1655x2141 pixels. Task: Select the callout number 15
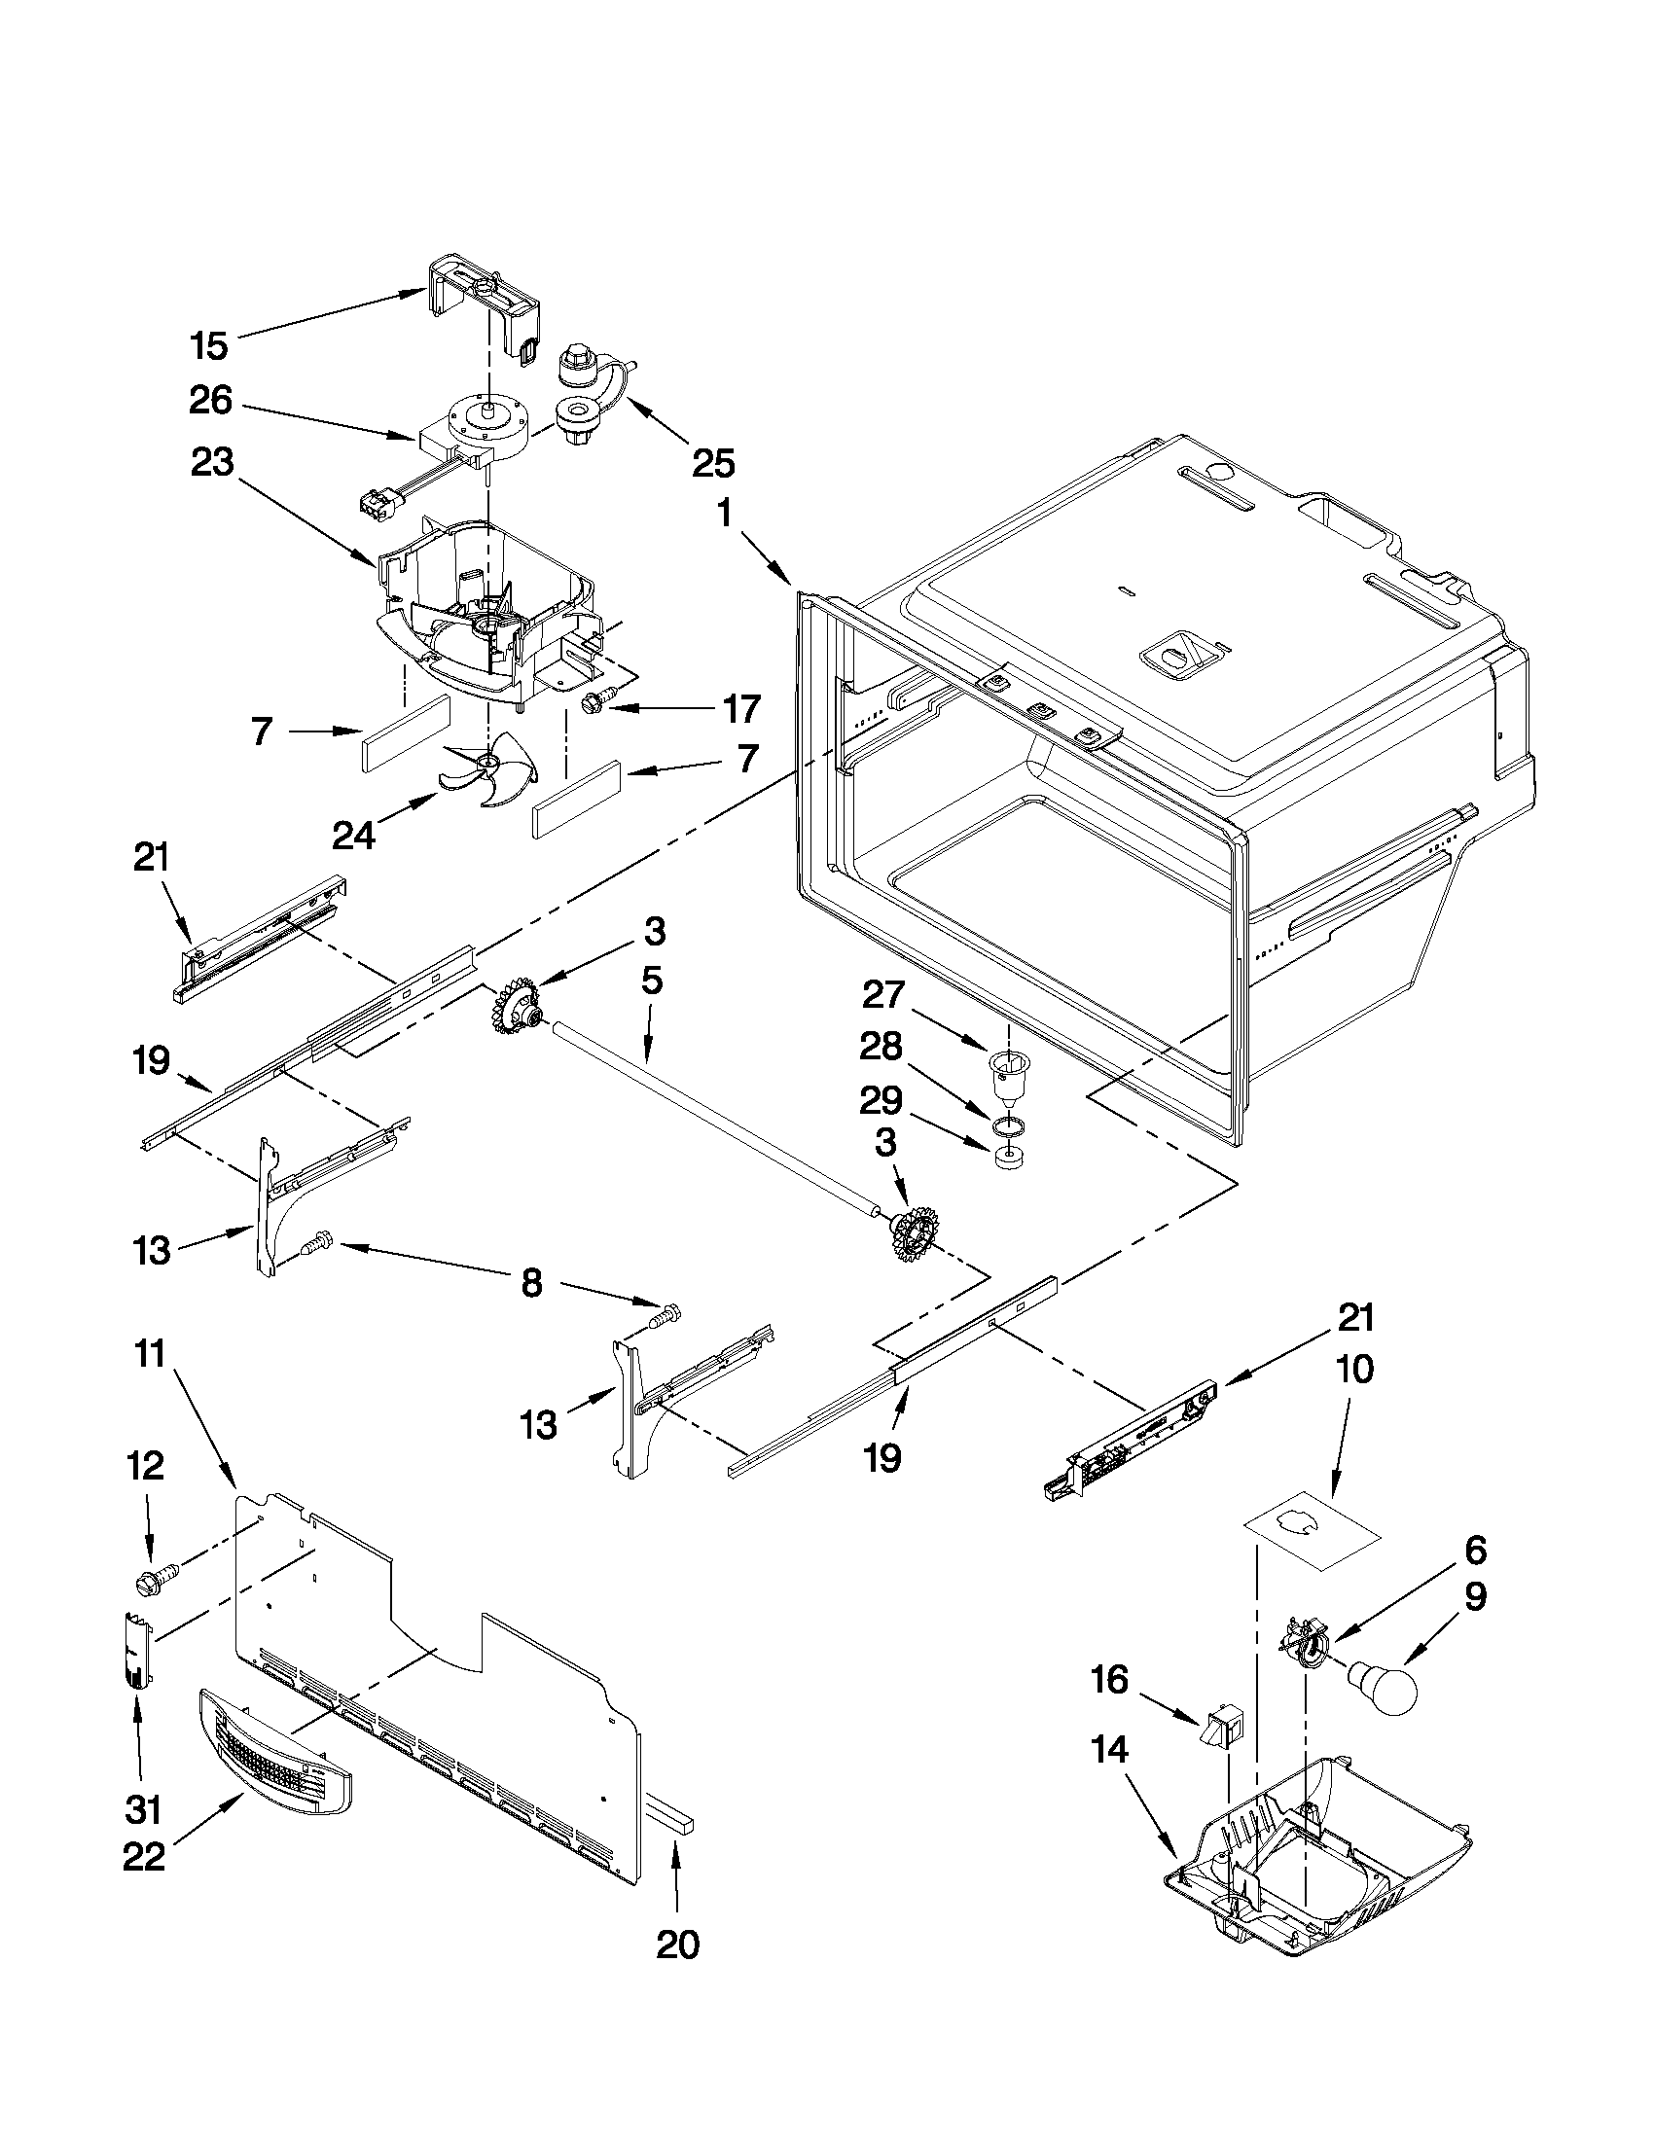[208, 345]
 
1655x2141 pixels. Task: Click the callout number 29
[880, 1100]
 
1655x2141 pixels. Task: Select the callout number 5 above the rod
[652, 981]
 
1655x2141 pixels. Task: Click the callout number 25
[713, 463]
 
